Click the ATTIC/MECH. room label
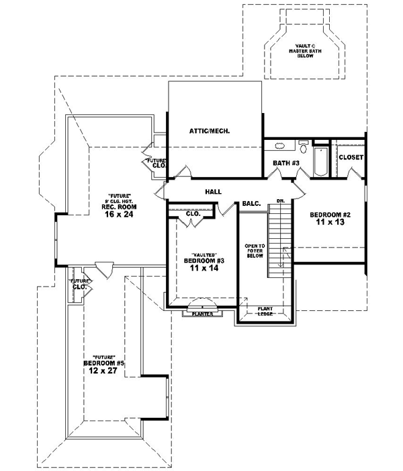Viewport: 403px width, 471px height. pyautogui.click(x=210, y=131)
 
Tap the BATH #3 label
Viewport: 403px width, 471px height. pyautogui.click(x=285, y=163)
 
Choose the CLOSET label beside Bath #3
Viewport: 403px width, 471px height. pyautogui.click(x=351, y=157)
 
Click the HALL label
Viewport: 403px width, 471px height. pyautogui.click(x=214, y=192)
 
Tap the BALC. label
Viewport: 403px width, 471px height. pyautogui.click(x=251, y=203)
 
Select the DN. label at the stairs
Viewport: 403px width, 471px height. pyautogui.click(x=280, y=201)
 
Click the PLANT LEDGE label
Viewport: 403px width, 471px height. pyautogui.click(x=264, y=311)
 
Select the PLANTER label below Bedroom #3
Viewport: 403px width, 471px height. pyautogui.click(x=202, y=314)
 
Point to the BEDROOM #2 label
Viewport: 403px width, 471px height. pyautogui.click(x=330, y=216)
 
